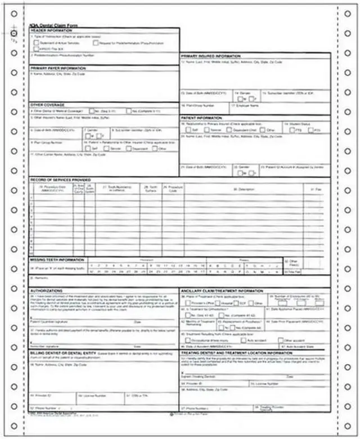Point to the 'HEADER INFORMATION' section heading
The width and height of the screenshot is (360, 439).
(49, 30)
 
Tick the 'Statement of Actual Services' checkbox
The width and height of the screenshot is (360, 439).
(37, 43)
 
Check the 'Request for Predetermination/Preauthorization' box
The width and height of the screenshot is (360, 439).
(96, 43)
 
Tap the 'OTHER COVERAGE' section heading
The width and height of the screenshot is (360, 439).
(47, 105)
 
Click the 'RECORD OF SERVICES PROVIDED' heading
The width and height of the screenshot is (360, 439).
(57, 180)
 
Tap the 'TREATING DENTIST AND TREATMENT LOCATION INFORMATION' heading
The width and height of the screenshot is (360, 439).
(237, 353)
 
